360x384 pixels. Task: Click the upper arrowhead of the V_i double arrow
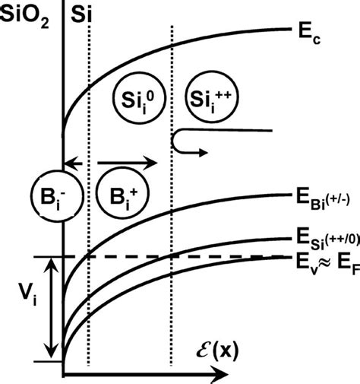[49, 262]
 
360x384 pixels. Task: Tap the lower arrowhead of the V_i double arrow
[49, 357]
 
